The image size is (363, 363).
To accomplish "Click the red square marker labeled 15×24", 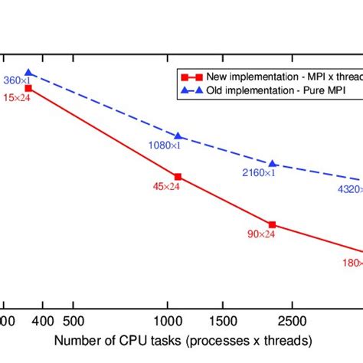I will click(28, 88).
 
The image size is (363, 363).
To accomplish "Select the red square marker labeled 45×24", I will click(178, 175).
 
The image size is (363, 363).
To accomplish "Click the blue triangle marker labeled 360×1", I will click(28, 74).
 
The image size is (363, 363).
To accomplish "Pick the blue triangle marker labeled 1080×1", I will click(178, 136).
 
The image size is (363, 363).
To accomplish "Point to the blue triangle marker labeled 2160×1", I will click(272, 164).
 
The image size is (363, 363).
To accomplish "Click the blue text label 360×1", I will click(15, 80).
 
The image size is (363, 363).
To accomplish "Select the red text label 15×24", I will click(15, 97).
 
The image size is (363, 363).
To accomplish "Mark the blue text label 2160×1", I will click(257, 172).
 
